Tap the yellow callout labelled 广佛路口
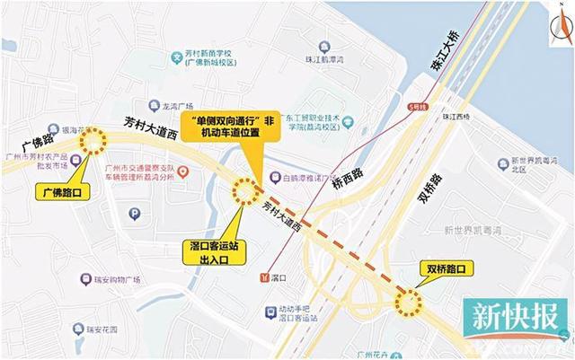[x=64, y=190]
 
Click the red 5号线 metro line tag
[x=416, y=107]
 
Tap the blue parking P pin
[x=135, y=214]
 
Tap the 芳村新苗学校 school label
[x=211, y=57]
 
